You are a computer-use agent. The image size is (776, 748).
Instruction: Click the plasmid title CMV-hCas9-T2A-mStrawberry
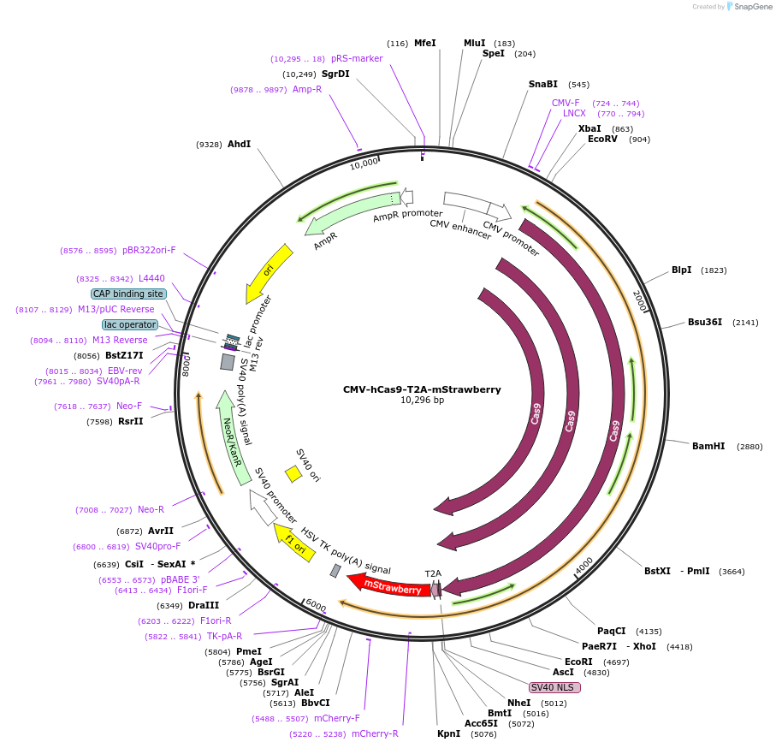(x=422, y=389)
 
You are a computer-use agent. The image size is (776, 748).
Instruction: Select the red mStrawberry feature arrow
(x=389, y=586)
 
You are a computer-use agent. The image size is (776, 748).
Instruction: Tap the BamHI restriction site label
(x=708, y=446)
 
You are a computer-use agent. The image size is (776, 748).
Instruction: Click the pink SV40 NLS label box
(x=555, y=687)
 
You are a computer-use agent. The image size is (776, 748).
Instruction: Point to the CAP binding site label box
(x=129, y=294)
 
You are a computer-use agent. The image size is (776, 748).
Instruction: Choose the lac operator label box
(x=129, y=324)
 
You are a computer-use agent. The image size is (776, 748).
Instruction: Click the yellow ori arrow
(x=269, y=272)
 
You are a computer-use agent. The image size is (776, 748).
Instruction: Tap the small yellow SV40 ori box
(x=293, y=473)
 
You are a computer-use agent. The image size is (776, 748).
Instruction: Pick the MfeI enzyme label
(x=425, y=43)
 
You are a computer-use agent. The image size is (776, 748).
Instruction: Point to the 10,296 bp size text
(x=422, y=400)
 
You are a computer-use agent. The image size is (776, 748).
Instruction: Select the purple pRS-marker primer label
(x=357, y=58)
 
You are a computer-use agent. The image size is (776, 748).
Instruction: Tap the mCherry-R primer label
(x=375, y=733)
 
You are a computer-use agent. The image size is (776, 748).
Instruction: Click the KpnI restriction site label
(x=448, y=733)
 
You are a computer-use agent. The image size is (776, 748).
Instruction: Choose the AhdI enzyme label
(x=240, y=145)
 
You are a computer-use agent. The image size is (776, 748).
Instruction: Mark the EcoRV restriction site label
(x=602, y=139)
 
